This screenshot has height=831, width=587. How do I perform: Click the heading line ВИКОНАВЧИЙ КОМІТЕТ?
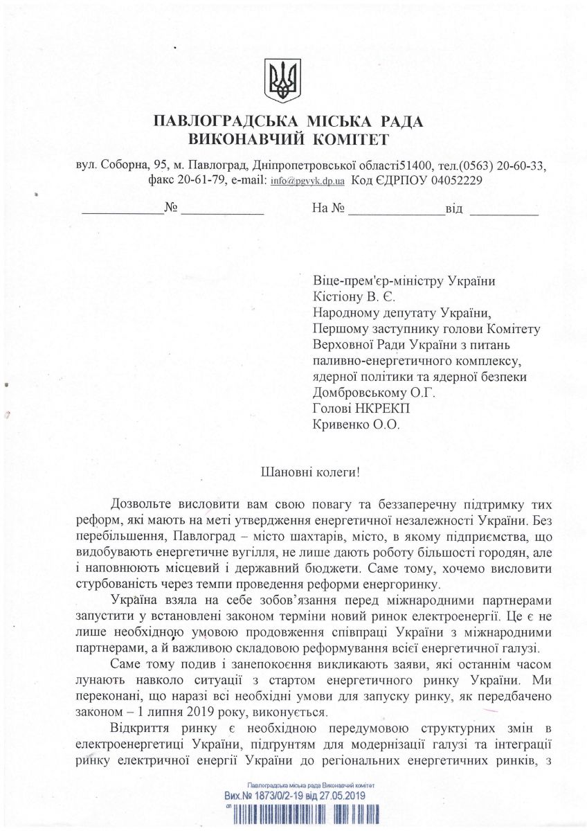click(x=288, y=141)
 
